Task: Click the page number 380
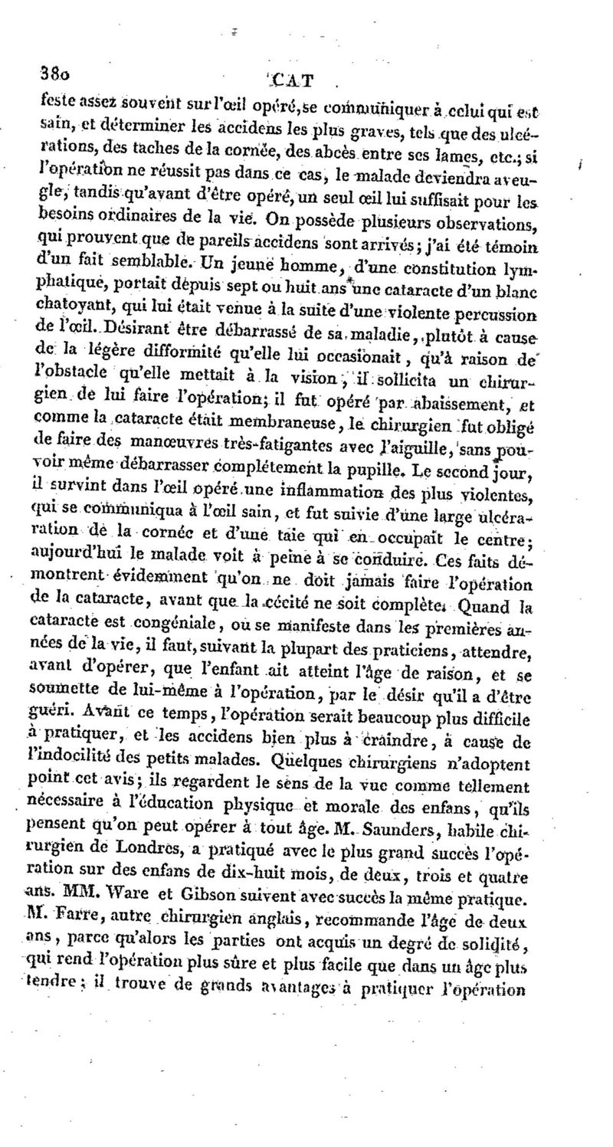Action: [54, 74]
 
